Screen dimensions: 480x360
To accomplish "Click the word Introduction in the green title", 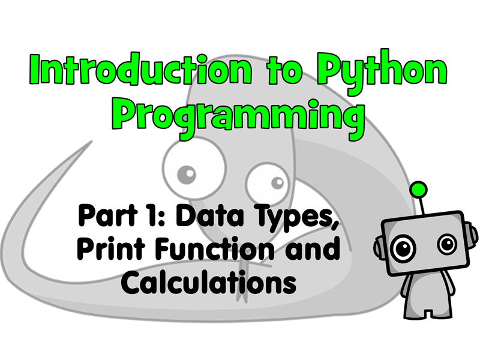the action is tap(141, 69).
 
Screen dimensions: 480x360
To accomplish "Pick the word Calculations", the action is tap(209, 282).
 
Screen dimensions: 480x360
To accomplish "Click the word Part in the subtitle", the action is tap(107, 215).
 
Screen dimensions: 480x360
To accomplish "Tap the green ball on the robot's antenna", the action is tap(418, 190).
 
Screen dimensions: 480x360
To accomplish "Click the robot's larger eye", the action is tap(404, 248).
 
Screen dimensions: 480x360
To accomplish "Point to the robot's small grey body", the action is tap(428, 294).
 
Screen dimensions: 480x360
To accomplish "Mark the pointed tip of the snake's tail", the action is tap(91, 142).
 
